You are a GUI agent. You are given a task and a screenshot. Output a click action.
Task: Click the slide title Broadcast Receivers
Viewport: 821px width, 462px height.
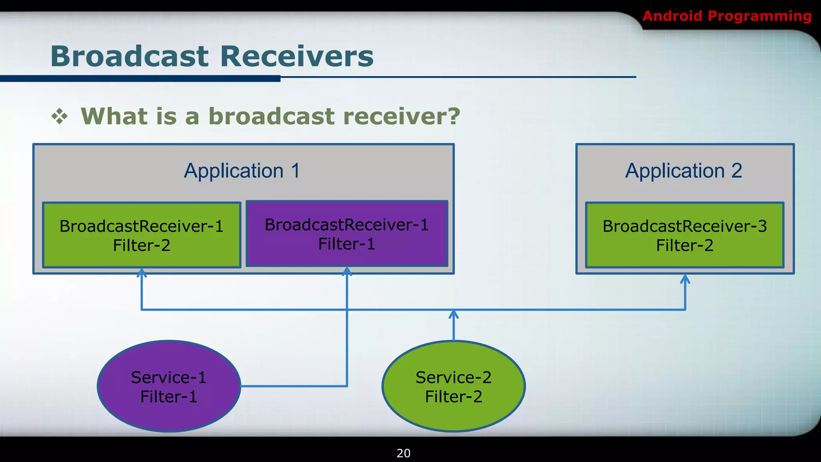[212, 56]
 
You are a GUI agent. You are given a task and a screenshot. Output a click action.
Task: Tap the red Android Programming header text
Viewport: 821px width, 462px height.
[726, 16]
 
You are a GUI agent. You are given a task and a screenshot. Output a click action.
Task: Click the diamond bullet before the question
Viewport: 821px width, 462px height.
[59, 116]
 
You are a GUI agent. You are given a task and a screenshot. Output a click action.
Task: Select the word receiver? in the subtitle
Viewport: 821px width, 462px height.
[402, 116]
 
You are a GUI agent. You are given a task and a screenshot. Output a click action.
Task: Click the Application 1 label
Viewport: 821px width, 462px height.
[242, 171]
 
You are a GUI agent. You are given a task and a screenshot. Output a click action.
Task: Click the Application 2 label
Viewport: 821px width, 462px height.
[684, 171]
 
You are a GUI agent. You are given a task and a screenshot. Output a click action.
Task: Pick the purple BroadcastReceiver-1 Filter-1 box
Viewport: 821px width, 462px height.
[347, 234]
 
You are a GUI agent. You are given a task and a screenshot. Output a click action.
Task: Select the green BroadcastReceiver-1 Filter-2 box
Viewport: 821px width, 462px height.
[142, 235]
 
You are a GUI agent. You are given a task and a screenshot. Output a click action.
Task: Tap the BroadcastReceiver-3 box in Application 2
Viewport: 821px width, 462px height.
[684, 235]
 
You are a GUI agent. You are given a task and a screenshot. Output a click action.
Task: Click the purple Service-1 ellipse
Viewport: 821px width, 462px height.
[169, 386]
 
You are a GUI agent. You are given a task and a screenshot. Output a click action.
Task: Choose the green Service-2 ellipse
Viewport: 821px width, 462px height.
[453, 386]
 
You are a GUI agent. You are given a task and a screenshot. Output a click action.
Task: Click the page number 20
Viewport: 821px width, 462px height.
[403, 453]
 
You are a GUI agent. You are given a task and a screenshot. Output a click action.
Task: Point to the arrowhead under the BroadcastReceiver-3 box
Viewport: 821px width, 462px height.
[685, 279]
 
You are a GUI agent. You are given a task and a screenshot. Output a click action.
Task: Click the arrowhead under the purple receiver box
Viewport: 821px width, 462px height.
[347, 272]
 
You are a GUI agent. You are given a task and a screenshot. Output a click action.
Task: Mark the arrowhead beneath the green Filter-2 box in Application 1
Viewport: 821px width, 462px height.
[142, 273]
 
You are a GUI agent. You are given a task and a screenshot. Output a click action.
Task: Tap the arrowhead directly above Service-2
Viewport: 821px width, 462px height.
[453, 314]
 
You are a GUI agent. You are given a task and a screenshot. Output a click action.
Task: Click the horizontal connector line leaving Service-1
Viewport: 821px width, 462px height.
[293, 386]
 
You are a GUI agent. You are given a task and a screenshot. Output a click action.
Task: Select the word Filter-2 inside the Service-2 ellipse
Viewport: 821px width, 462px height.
[453, 397]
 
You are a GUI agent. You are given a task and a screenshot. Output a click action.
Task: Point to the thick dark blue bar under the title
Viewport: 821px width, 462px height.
[140, 79]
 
